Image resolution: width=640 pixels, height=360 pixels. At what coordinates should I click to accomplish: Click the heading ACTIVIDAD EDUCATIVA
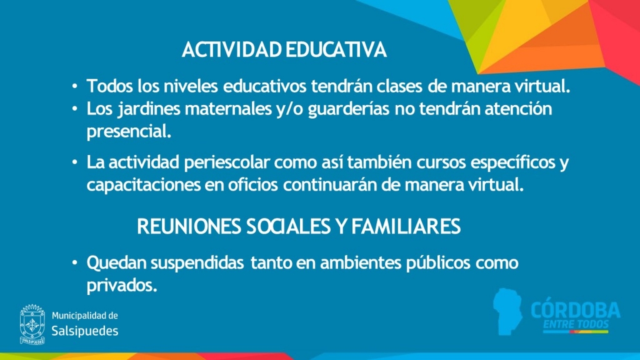(284, 50)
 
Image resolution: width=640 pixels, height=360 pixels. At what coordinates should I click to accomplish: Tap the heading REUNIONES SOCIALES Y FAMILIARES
(299, 226)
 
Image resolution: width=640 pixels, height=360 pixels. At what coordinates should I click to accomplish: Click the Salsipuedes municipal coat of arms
(32, 324)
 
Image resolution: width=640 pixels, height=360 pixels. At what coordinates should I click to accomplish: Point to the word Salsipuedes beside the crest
(85, 331)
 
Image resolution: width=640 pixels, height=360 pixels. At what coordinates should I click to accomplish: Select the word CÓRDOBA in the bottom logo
(576, 310)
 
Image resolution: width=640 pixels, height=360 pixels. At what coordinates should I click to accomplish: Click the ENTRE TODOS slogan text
(576, 324)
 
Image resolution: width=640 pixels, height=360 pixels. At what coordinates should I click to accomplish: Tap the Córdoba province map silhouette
(507, 311)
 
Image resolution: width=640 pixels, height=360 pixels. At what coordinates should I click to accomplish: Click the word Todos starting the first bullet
(110, 86)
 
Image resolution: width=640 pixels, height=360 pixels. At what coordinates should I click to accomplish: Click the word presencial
(129, 132)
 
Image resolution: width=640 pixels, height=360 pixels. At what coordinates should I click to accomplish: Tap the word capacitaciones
(144, 185)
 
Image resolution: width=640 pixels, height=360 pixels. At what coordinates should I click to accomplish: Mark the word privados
(122, 286)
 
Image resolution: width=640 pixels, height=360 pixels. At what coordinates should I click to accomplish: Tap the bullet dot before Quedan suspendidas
(75, 262)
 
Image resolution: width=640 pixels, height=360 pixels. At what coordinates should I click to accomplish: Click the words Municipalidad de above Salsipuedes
(85, 316)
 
